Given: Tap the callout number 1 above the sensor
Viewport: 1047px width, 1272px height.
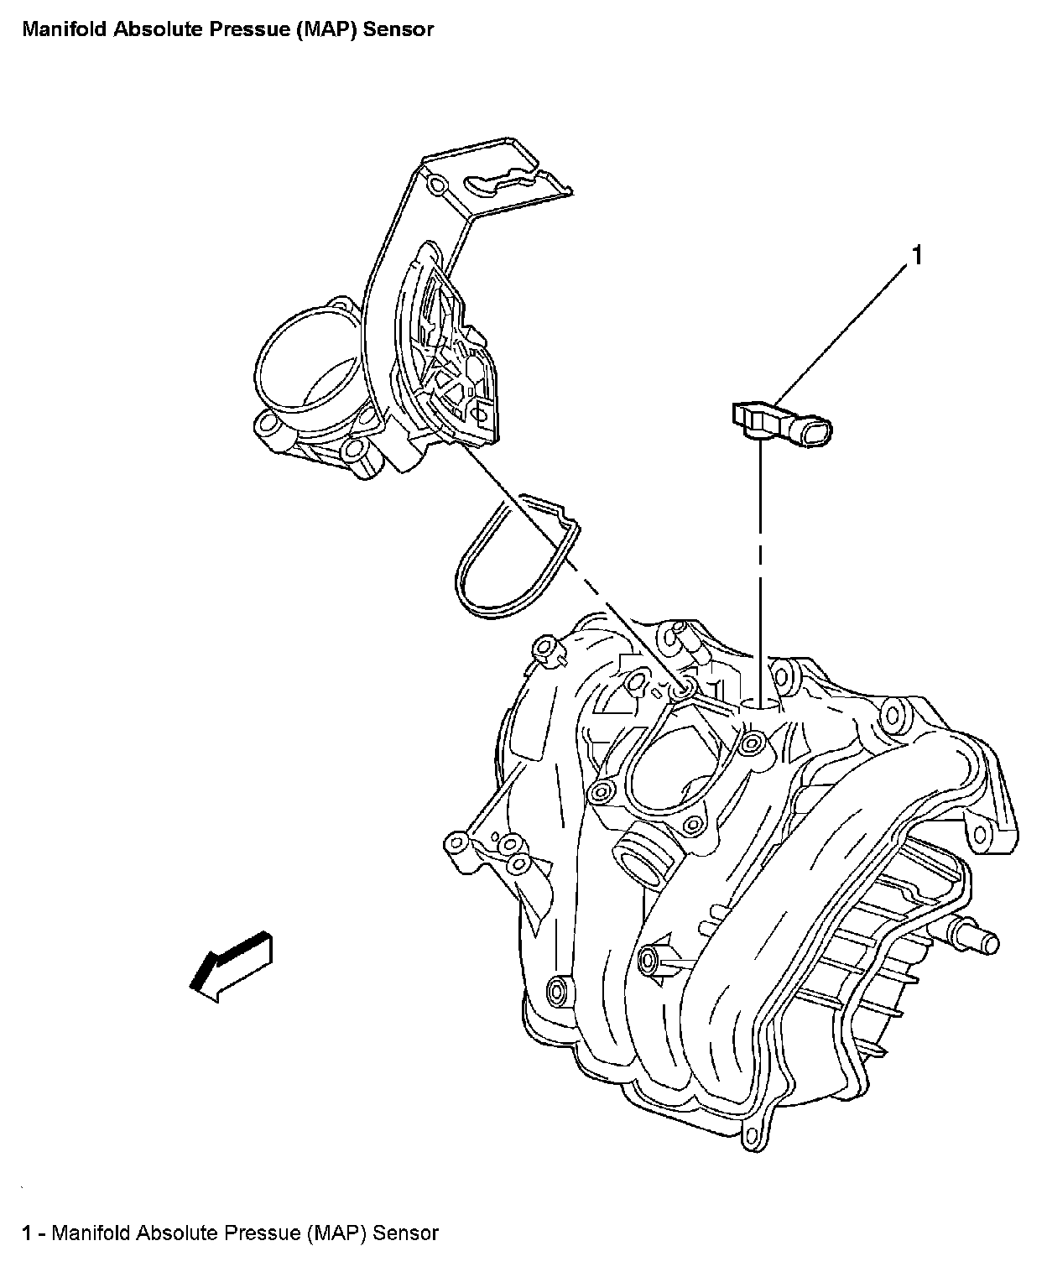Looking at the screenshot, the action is click(917, 256).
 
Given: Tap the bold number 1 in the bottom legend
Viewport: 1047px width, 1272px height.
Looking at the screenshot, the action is click(29, 1233).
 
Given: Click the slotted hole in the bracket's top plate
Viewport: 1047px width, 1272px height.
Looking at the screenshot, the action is click(498, 180).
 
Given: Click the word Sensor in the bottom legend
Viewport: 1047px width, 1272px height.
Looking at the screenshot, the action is click(406, 1233).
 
